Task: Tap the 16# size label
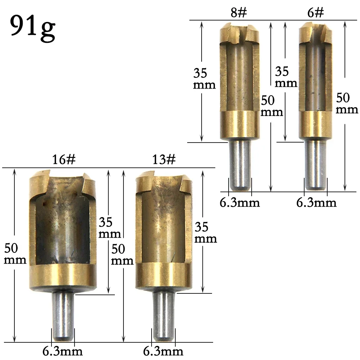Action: click(64, 160)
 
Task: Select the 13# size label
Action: click(164, 160)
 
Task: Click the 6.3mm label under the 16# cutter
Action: click(63, 351)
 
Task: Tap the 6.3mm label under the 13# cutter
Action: click(163, 351)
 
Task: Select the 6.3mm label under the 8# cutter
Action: click(240, 203)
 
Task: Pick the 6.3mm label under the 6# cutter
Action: click(316, 203)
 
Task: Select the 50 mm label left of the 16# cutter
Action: click(15, 254)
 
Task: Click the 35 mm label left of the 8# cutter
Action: click(204, 79)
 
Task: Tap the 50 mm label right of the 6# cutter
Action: click(347, 103)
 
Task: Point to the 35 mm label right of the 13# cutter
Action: click(206, 233)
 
